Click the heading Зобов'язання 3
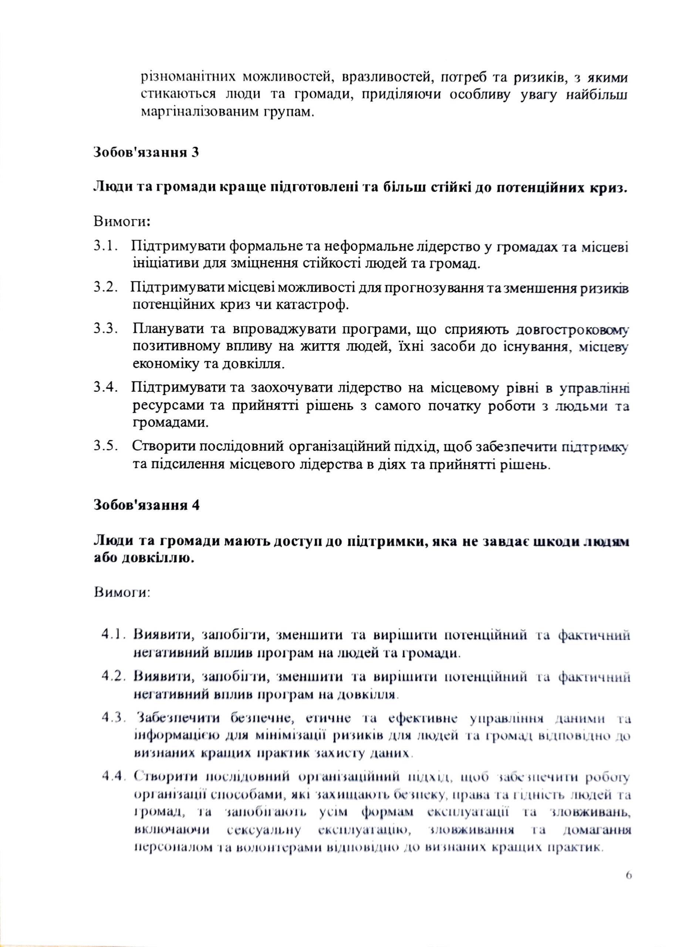tap(146, 152)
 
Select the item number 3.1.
tap(104, 246)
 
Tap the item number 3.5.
tap(104, 445)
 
